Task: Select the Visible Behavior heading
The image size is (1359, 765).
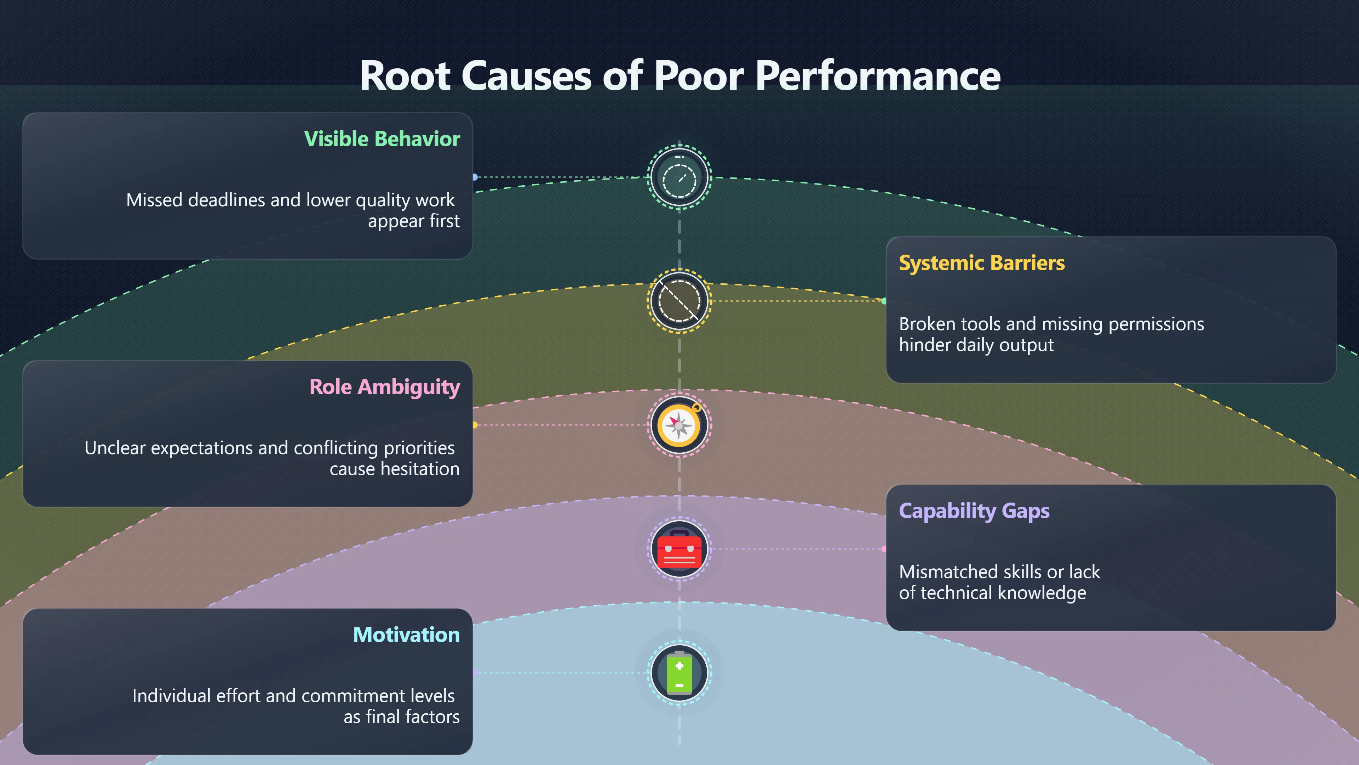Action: pyautogui.click(x=382, y=139)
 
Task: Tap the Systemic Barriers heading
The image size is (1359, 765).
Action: pyautogui.click(x=982, y=263)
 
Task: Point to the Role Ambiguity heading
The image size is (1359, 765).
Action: pyautogui.click(x=385, y=387)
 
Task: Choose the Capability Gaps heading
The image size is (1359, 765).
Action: pyautogui.click(x=974, y=511)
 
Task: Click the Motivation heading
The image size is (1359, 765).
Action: pyautogui.click(x=406, y=635)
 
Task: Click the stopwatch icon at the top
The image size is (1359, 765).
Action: pyautogui.click(x=679, y=177)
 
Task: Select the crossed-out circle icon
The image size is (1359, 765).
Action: pyautogui.click(x=679, y=301)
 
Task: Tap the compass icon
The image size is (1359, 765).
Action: pyautogui.click(x=679, y=425)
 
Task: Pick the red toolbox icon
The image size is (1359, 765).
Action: pyautogui.click(x=679, y=549)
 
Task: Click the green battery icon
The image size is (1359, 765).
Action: pyautogui.click(x=679, y=673)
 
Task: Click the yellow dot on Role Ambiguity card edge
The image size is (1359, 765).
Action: pyautogui.click(x=475, y=425)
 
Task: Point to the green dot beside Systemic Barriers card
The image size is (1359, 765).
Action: pyautogui.click(x=884, y=301)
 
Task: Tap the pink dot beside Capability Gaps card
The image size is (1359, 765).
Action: pyautogui.click(x=884, y=549)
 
